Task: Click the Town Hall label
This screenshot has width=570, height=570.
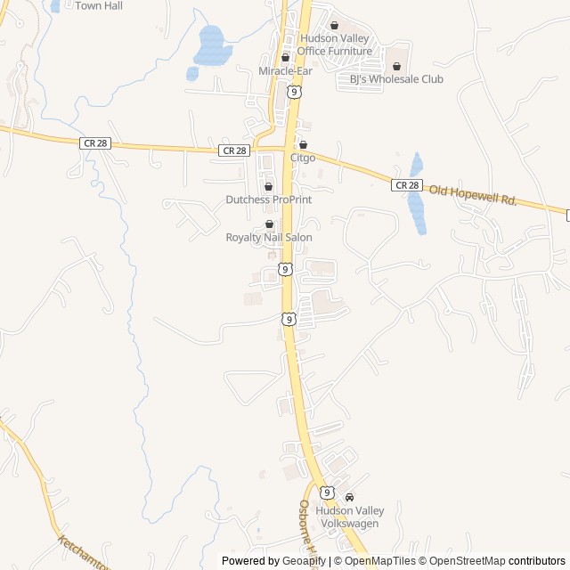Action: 99,6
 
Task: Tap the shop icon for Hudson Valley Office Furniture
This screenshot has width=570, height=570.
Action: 335,26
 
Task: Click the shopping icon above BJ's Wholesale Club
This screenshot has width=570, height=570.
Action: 396,66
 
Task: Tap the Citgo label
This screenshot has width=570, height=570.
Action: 303,158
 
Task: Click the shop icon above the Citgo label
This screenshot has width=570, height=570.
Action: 303,144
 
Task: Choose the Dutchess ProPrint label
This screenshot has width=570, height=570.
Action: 269,199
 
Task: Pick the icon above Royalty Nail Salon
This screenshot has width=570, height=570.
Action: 269,224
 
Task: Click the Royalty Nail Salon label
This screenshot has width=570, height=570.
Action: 269,238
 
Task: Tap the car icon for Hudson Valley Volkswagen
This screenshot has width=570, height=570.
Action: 349,497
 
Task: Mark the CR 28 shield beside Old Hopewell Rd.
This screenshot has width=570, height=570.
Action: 406,184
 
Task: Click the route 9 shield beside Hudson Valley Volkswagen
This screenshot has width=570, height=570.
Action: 327,493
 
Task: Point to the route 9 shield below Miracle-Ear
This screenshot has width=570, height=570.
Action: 294,91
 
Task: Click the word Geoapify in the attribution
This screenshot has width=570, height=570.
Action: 305,561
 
